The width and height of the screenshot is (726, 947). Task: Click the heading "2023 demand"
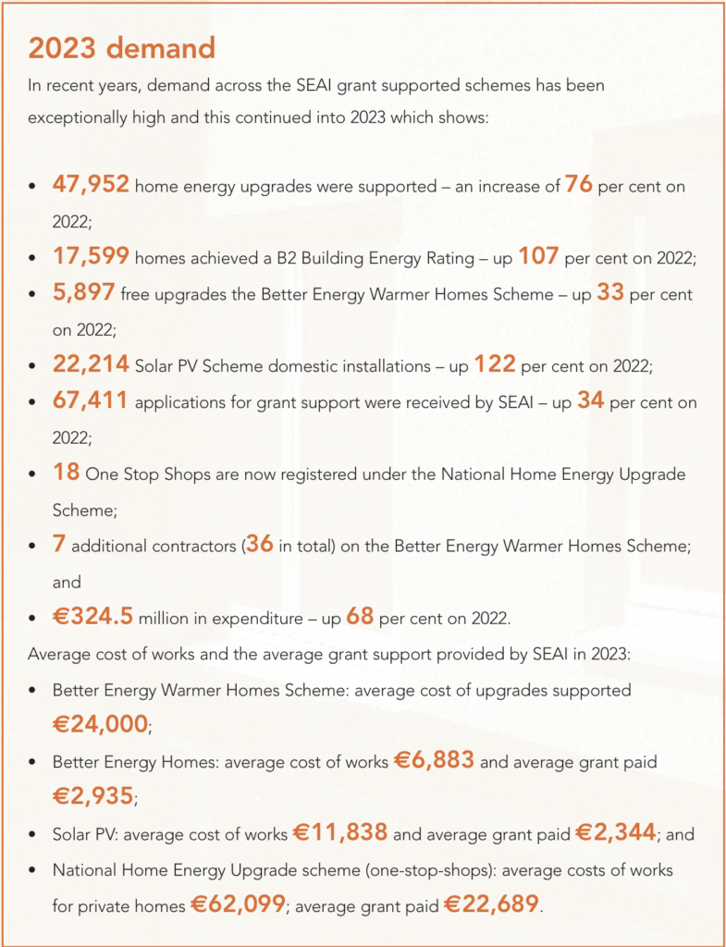(121, 47)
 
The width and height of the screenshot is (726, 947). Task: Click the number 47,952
(92, 186)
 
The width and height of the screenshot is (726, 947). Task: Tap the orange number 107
(537, 256)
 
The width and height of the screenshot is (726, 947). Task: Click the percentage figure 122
(495, 364)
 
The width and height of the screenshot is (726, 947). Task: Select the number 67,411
(92, 401)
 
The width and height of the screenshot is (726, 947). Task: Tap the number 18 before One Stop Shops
(67, 473)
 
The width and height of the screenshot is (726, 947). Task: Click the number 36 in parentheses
(260, 545)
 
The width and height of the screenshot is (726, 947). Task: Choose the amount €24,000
(100, 724)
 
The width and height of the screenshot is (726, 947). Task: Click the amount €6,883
(434, 761)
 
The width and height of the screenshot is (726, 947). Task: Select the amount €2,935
(93, 796)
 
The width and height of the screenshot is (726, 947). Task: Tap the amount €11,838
(340, 833)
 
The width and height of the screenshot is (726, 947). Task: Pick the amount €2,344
(615, 833)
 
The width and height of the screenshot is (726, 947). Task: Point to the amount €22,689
(491, 904)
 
